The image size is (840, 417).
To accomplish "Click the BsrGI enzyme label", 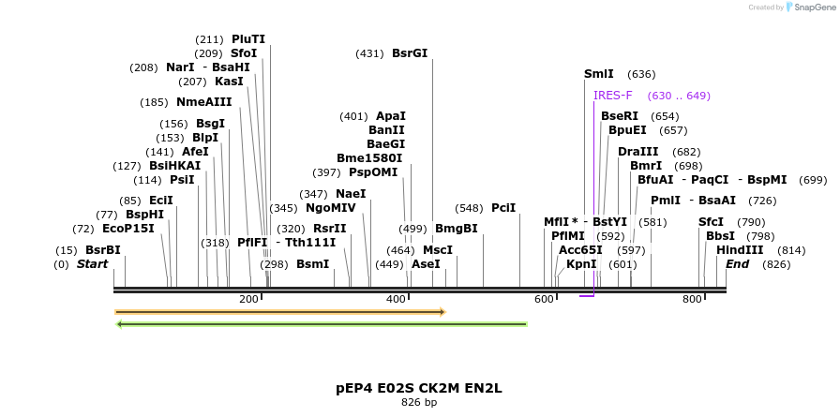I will click(410, 53).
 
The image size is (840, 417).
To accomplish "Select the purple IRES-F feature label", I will click(613, 96).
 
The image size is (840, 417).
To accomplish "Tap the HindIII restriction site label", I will click(740, 250).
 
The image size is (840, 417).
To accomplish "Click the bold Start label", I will click(93, 264).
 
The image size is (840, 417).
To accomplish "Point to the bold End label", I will click(737, 264).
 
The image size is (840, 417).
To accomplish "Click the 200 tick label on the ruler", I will click(248, 299).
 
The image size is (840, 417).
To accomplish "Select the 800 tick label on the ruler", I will click(692, 299).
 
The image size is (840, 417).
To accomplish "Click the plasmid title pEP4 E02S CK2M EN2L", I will click(419, 388).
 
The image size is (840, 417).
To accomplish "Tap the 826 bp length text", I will click(419, 402).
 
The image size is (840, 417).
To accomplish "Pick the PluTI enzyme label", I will click(248, 39).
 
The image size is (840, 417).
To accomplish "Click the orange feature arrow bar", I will click(279, 312).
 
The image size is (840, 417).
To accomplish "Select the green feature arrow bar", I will click(321, 325).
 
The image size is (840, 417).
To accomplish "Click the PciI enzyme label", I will click(503, 208).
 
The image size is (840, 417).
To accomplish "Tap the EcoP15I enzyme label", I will click(128, 229).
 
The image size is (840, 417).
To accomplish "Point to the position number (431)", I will click(369, 53).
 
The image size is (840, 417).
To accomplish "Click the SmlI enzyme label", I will click(598, 74).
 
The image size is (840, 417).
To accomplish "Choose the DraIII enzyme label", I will click(638, 152).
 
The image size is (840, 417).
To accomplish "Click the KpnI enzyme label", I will click(581, 264).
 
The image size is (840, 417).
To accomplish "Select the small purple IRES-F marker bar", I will click(587, 296).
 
